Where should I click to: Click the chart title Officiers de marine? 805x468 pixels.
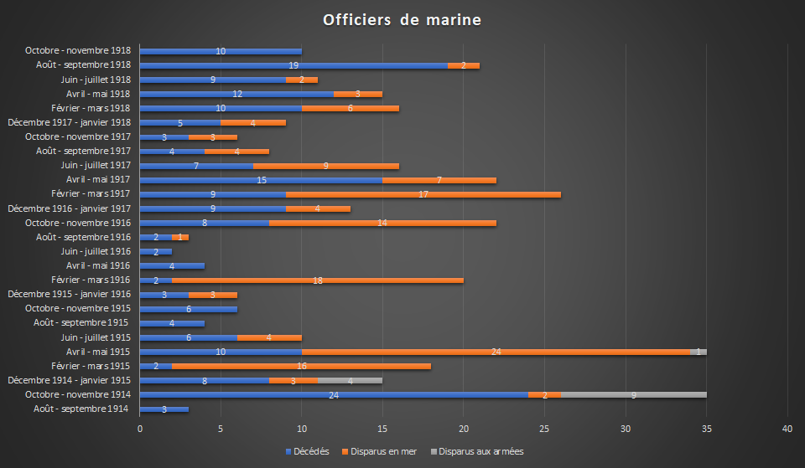click(x=402, y=19)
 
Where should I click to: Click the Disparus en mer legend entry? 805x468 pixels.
click(x=382, y=451)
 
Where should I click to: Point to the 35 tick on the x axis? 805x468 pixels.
click(x=707, y=429)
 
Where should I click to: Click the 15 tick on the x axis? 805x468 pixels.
click(x=382, y=429)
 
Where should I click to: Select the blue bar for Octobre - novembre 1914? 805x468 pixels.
click(x=333, y=395)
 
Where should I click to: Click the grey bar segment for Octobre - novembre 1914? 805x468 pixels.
click(x=634, y=395)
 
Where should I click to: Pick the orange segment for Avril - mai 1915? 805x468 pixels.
click(x=496, y=352)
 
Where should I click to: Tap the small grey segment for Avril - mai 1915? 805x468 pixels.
click(x=703, y=352)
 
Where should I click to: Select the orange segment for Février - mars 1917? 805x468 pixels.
click(x=423, y=194)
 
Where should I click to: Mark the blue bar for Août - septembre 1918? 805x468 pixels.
click(x=293, y=65)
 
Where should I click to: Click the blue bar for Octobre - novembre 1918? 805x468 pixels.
click(x=221, y=51)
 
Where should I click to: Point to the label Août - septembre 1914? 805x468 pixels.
click(x=81, y=409)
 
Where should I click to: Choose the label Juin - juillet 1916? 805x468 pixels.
click(x=96, y=251)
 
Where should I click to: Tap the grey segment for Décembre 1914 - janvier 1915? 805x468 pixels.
click(x=350, y=381)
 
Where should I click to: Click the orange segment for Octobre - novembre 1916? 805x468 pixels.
click(x=382, y=223)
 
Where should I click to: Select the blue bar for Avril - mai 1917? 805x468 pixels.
click(x=261, y=180)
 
